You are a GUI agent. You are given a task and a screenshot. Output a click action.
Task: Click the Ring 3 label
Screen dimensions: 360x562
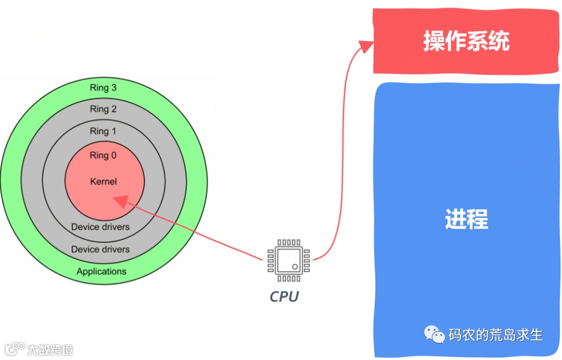tap(103, 87)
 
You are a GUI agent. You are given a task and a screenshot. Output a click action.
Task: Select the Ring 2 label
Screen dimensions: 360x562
tap(103, 109)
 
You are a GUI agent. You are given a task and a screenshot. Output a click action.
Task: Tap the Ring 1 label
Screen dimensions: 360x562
tap(103, 131)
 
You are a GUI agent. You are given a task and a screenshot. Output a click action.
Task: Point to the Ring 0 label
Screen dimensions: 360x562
tap(103, 155)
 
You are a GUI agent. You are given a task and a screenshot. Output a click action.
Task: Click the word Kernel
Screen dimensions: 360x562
tap(103, 182)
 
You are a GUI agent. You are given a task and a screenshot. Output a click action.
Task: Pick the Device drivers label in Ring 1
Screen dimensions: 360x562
tap(100, 227)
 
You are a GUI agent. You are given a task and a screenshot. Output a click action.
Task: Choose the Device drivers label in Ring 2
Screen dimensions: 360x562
tap(100, 249)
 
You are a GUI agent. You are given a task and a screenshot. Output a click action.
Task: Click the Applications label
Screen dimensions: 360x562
tap(101, 271)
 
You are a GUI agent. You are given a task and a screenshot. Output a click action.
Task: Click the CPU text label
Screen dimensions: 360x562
tap(284, 297)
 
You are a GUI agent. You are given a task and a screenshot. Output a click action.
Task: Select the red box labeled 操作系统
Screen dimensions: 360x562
tap(466, 42)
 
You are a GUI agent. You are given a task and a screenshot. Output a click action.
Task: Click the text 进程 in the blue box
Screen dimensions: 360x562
tap(466, 219)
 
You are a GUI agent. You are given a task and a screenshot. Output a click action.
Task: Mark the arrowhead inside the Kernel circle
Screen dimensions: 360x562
tap(120, 201)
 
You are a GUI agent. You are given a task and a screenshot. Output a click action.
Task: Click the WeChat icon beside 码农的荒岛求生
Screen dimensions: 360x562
tap(434, 335)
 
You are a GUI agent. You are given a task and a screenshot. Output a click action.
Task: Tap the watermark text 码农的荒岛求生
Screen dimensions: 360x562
tap(496, 335)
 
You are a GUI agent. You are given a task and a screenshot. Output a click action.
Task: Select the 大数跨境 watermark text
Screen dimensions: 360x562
tap(50, 349)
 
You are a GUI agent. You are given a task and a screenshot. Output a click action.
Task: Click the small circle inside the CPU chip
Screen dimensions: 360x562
tap(295, 267)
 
